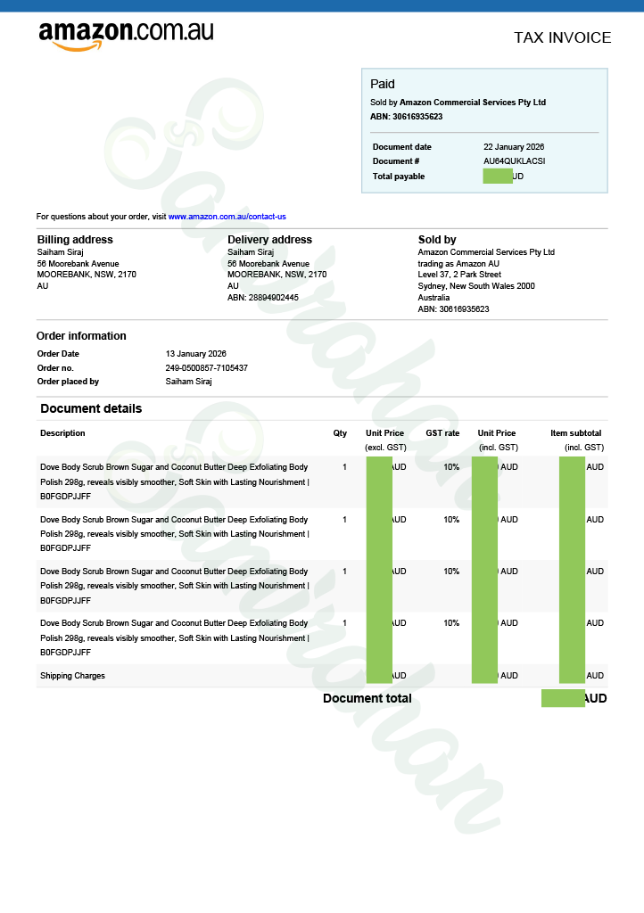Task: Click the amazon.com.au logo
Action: pyautogui.click(x=126, y=35)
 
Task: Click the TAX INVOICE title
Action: pyautogui.click(x=562, y=37)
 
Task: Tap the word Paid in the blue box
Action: pyautogui.click(x=383, y=84)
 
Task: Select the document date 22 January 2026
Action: pyautogui.click(x=514, y=147)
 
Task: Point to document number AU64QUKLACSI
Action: pyautogui.click(x=514, y=161)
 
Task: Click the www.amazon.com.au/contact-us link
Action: pyautogui.click(x=227, y=217)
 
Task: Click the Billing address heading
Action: pyautogui.click(x=75, y=240)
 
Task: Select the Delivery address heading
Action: pyautogui.click(x=269, y=240)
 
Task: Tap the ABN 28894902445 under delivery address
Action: pyautogui.click(x=263, y=298)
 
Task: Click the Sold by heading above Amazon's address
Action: pyautogui.click(x=437, y=240)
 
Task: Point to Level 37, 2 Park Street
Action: pyautogui.click(x=459, y=275)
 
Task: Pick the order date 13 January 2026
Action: pyautogui.click(x=196, y=354)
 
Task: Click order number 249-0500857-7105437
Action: pyautogui.click(x=207, y=368)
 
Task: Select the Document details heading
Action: pyautogui.click(x=91, y=408)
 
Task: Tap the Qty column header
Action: pyautogui.click(x=340, y=433)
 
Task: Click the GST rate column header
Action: pyautogui.click(x=442, y=433)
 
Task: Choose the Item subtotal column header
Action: pyautogui.click(x=575, y=433)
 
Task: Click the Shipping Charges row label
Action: pyautogui.click(x=72, y=676)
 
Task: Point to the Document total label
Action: pyautogui.click(x=367, y=698)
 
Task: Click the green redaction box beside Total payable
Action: pyautogui.click(x=497, y=177)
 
